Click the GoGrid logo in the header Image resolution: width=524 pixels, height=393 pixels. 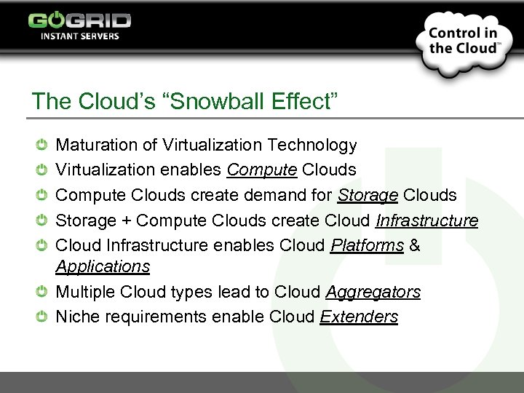[x=79, y=20]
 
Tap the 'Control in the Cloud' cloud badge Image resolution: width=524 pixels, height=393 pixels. [x=463, y=41]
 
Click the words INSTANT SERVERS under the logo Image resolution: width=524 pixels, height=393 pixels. [x=79, y=36]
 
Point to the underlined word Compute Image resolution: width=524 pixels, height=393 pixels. [x=261, y=170]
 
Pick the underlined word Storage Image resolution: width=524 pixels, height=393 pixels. [x=368, y=196]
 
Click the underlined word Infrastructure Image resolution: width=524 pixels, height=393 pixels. [x=426, y=221]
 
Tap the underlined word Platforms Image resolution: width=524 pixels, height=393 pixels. [x=367, y=245]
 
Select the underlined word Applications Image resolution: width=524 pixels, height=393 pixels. [x=103, y=266]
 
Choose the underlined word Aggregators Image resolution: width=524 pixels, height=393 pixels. [x=373, y=292]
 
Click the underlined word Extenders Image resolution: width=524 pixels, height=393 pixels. [x=359, y=317]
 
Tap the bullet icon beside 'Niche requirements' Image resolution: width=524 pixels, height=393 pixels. [x=42, y=317]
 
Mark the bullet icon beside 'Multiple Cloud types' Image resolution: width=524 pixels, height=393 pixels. [x=42, y=292]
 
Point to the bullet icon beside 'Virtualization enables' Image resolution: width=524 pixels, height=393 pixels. [x=42, y=170]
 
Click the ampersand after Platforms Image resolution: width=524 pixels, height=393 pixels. [x=415, y=245]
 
